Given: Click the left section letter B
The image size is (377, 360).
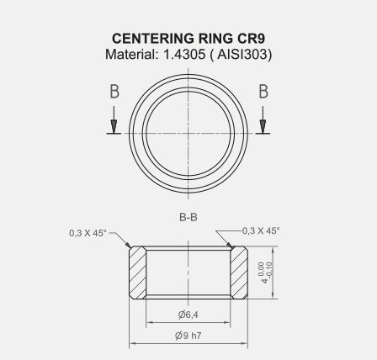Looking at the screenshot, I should click(114, 92).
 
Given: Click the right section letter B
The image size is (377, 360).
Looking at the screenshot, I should click(263, 92).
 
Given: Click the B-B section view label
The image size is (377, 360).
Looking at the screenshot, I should click(188, 218).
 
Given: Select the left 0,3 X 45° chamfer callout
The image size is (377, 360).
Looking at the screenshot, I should click(88, 233).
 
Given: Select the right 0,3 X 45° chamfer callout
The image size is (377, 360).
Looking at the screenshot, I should click(261, 230).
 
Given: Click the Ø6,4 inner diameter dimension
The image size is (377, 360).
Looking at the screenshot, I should click(188, 314).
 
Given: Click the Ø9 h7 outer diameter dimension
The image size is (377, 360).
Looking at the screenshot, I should click(188, 335).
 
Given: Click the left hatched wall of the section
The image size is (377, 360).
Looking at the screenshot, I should click(137, 272).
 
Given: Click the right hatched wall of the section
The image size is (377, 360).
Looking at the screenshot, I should click(239, 272).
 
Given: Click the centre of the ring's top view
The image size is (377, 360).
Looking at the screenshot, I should click(188, 132).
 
